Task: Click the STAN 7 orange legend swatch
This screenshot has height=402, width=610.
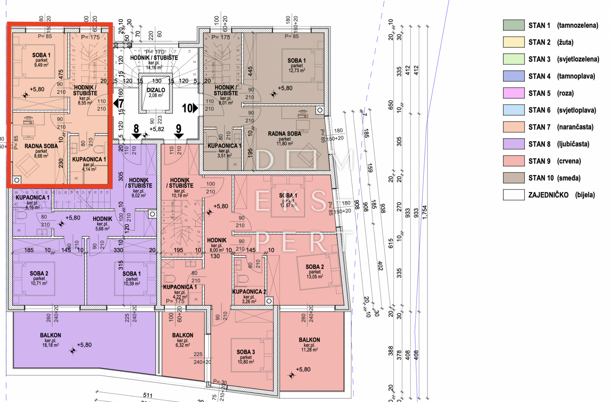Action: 514,127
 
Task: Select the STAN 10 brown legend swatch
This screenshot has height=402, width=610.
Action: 514,178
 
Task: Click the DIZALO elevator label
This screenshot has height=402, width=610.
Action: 156,90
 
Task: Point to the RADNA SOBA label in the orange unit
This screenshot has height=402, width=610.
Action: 41,146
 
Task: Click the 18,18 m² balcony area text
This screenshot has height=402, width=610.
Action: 50,345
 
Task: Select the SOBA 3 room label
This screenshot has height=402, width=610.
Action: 246,352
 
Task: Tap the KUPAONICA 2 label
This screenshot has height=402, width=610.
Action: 249,292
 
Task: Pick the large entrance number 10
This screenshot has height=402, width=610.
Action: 187,108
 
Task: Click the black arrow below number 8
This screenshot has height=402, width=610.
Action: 136,136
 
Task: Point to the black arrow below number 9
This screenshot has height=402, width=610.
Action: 179,136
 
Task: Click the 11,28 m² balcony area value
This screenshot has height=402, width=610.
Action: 309,350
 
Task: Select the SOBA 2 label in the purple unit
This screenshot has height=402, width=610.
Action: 39,274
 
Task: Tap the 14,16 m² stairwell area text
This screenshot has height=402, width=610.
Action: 154,68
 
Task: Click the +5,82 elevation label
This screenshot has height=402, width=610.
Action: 156,129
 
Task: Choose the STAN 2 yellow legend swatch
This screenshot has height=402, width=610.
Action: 514,42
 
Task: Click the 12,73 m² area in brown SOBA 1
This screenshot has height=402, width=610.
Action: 297,70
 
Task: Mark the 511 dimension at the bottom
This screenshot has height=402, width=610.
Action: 148,395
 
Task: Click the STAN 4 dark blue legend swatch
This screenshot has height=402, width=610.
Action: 514,76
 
